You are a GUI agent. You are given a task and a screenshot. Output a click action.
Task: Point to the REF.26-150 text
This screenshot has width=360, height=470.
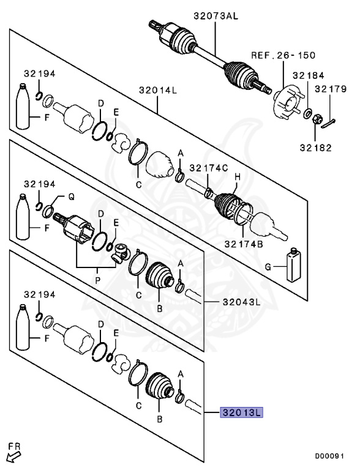click(x=283, y=55)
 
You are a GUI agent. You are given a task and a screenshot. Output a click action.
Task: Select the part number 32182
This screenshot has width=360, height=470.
click(x=315, y=147)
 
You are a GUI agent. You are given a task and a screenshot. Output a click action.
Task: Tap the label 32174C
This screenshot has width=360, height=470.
click(x=208, y=168)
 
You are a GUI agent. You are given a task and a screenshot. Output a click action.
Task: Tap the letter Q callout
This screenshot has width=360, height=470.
click(x=70, y=196)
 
